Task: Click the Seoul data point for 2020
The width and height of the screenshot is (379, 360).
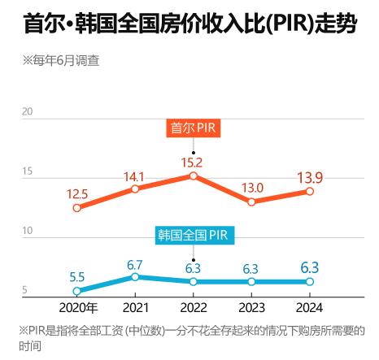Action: coord(76,207)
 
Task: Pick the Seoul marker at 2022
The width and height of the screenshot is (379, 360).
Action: coord(194,176)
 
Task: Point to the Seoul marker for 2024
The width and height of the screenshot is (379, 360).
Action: coord(310,191)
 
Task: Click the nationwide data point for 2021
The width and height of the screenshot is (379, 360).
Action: coord(135,277)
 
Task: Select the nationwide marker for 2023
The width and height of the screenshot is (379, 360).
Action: coord(252,282)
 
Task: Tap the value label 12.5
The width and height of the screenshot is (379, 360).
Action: coord(78,193)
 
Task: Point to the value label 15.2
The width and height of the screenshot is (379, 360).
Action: coord(192,161)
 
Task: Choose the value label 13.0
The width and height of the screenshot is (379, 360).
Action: coord(252,188)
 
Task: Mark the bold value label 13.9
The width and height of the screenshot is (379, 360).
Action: coord(311,176)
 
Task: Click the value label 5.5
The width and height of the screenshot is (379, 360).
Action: coord(77,276)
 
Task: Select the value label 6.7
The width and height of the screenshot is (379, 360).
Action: coord(135,263)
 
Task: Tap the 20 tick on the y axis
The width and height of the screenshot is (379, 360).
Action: coord(28,111)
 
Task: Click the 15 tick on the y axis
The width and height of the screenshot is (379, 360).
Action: coord(28,172)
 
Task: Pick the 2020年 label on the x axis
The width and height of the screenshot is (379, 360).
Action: coord(79,307)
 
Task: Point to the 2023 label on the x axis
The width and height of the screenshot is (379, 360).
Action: coord(252,307)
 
